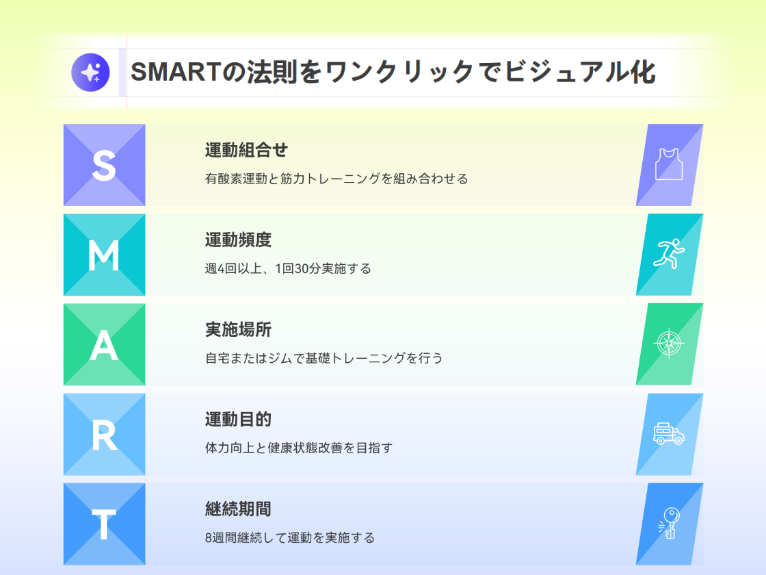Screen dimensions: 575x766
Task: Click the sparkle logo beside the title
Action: click(x=90, y=71)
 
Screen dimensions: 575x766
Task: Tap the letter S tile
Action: click(x=104, y=165)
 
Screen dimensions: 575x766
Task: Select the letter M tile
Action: click(x=104, y=255)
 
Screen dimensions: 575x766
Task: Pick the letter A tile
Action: click(x=104, y=345)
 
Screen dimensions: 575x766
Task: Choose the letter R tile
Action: click(x=104, y=435)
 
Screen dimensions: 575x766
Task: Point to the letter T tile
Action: click(x=104, y=524)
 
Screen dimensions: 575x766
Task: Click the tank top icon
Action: click(x=669, y=165)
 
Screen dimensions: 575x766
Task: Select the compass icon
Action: click(x=668, y=344)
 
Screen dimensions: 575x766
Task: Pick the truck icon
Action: click(x=668, y=434)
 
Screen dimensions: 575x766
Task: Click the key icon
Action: click(x=669, y=523)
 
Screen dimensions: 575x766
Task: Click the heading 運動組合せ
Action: click(x=246, y=150)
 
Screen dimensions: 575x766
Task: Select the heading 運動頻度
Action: click(x=238, y=240)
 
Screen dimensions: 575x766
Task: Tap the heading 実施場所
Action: click(x=238, y=330)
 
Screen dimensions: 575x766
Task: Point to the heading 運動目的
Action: click(x=238, y=420)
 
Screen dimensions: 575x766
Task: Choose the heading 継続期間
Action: click(x=238, y=509)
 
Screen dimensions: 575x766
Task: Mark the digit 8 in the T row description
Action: click(x=209, y=537)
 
